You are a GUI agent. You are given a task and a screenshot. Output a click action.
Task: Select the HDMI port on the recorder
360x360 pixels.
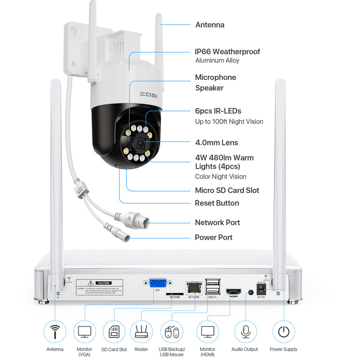tap(233, 291)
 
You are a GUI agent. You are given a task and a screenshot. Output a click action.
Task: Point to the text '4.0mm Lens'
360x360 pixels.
tap(216, 143)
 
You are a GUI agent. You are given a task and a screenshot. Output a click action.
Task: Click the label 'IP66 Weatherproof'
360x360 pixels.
tap(227, 51)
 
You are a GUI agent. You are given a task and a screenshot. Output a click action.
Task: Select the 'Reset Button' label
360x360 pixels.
tap(216, 203)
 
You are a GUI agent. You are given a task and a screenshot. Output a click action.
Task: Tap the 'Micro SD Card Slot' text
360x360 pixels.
tap(226, 190)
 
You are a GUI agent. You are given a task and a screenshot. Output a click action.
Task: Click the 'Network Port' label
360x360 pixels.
tap(217, 222)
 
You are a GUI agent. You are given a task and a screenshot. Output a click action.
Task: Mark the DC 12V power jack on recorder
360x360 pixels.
tap(260, 289)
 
